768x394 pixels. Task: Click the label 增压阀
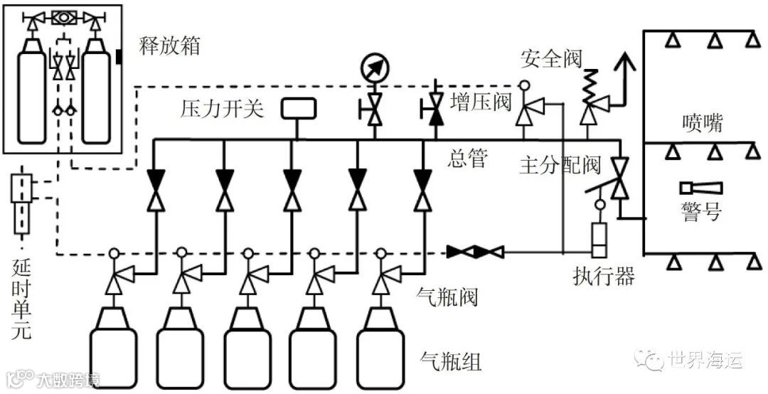(481, 102)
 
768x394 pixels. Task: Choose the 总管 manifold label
(469, 159)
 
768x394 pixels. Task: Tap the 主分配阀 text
(560, 165)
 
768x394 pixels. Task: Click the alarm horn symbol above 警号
(701, 188)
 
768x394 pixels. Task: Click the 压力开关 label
(222, 109)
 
